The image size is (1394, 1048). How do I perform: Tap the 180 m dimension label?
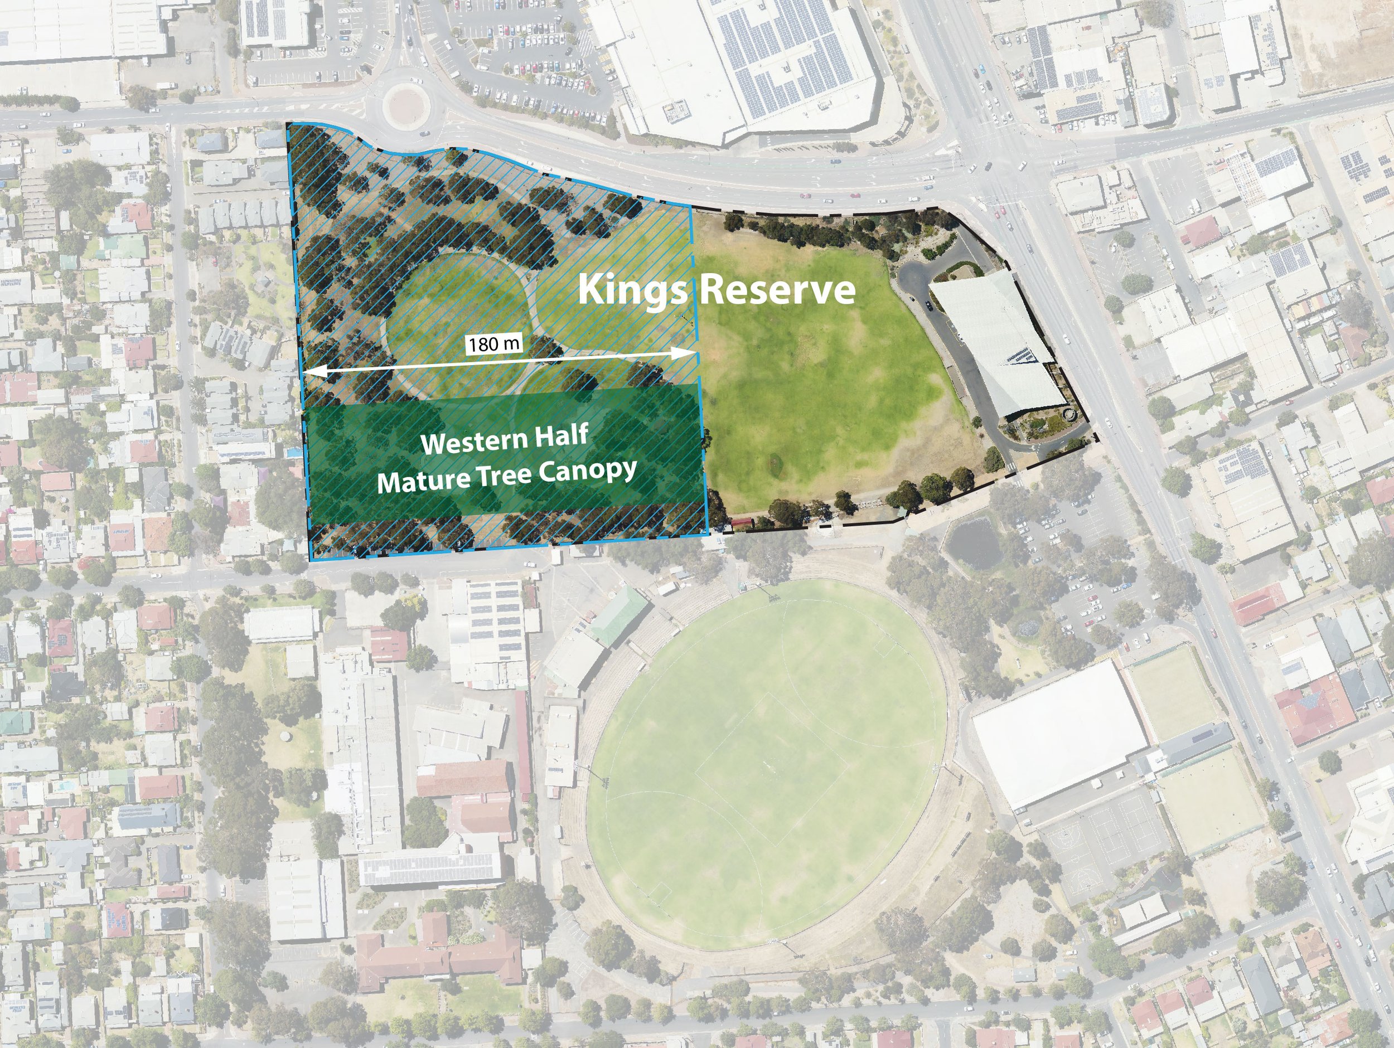494,343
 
